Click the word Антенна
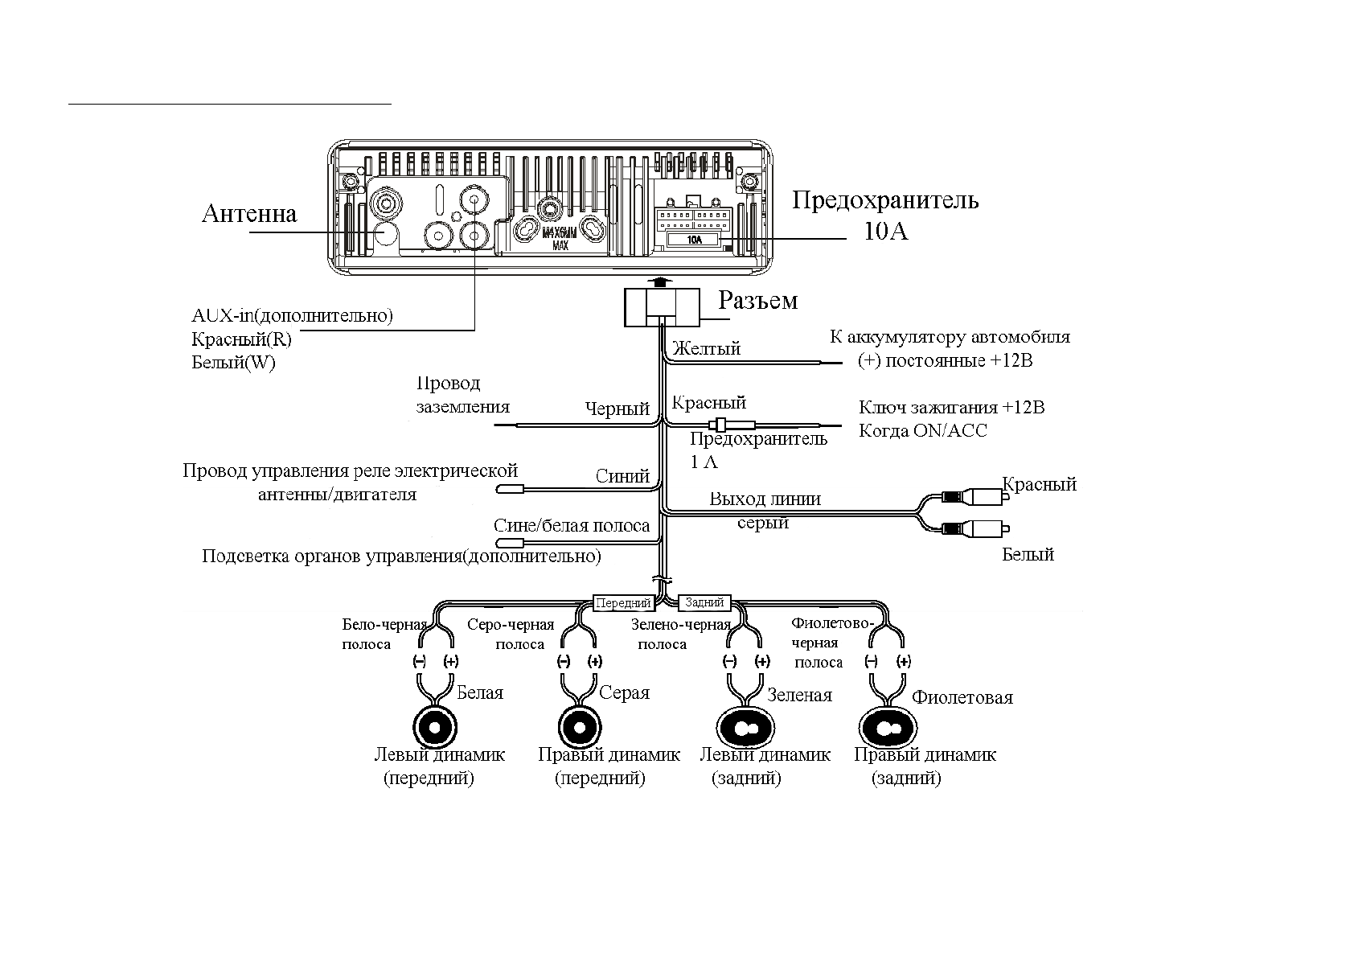point(248,214)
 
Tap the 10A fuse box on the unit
point(694,240)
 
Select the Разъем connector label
point(757,301)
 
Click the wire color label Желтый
point(706,349)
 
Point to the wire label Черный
point(617,409)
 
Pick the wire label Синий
point(622,476)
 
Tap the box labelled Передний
point(622,603)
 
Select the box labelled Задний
point(705,602)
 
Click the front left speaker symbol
point(435,728)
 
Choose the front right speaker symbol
point(579,728)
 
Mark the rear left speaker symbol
point(746,729)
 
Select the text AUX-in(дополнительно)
point(292,315)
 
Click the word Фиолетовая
point(962,697)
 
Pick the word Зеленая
point(799,695)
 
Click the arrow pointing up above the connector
point(661,281)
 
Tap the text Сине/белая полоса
point(571,526)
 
